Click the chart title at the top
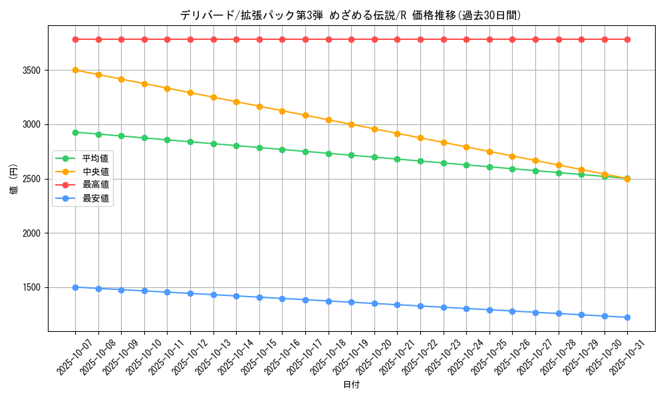pos(350,15)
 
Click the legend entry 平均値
pos(96,158)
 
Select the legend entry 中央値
pos(96,171)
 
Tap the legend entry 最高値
pos(96,184)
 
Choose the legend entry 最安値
pos(96,198)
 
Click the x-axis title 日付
pos(350,385)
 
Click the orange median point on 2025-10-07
pos(75,70)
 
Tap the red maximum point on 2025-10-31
pos(627,39)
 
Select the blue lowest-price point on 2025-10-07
pos(75,287)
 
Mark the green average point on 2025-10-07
pos(75,132)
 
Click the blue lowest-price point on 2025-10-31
pos(627,317)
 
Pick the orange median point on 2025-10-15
pos(259,106)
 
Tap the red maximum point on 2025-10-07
pos(75,39)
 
